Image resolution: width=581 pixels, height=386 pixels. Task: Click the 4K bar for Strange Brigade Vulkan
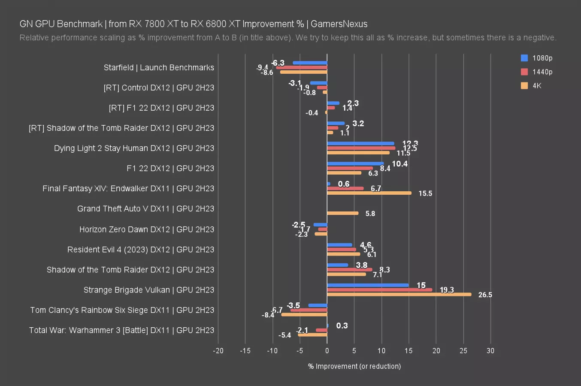pos(399,295)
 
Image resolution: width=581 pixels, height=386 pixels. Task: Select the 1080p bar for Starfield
pos(310,63)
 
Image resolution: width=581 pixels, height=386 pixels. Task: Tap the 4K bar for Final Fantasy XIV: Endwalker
pos(369,193)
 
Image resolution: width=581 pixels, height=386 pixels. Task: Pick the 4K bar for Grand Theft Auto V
pos(342,213)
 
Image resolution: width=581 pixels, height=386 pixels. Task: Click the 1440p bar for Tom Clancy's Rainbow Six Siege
pos(309,310)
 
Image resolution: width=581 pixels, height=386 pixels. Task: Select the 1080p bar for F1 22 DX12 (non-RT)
pos(355,163)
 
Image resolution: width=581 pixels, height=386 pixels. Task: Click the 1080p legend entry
pos(536,58)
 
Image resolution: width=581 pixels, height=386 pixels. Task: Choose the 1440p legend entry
pos(536,72)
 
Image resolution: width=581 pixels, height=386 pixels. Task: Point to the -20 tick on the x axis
pos(218,351)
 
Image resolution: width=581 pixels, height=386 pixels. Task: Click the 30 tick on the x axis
pos(490,351)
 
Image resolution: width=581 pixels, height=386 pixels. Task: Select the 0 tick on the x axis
pos(327,351)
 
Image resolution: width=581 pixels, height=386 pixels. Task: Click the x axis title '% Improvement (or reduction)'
pos(354,366)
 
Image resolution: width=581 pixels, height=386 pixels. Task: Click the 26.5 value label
pos(485,295)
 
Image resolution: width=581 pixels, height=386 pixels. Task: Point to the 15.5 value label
pos(425,193)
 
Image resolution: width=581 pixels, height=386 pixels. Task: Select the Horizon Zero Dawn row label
pos(146,229)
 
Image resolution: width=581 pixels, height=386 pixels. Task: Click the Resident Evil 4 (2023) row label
pos(140,250)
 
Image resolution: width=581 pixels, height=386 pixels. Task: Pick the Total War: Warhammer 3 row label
pos(121,330)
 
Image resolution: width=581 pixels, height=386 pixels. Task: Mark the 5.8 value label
pos(370,214)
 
